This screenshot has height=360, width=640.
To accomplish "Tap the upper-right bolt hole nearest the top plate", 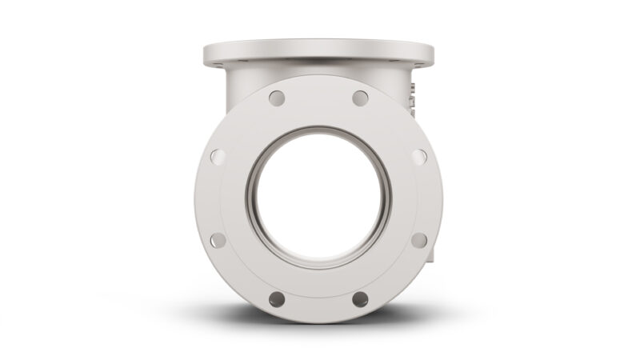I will pos(361,98).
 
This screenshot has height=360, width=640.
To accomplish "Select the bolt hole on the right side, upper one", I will pos(419,157).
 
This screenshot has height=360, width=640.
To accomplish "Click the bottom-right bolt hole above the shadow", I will pos(361,299).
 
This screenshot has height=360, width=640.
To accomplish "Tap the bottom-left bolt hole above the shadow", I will pos(277,299).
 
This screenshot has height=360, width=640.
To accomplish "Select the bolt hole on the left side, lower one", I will pos(218,240).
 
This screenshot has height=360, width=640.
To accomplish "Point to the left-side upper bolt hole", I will pos(218,157).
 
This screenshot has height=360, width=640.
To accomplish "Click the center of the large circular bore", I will pos(318,198).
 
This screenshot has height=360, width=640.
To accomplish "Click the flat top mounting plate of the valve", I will pos(318,53).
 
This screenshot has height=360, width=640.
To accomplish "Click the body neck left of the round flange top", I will pos(236,84).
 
